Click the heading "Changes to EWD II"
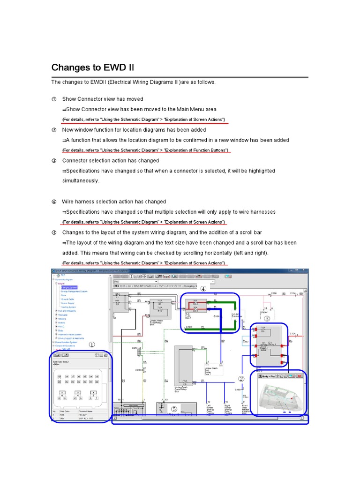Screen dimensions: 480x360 click(x=92, y=67)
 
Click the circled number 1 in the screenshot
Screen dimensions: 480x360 click(x=92, y=344)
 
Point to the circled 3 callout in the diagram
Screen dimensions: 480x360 click(x=266, y=319)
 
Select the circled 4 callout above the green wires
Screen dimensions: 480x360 click(x=203, y=289)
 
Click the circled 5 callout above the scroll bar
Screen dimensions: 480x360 click(x=174, y=409)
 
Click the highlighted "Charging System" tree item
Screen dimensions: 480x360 click(x=69, y=287)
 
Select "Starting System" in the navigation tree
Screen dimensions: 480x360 click(x=69, y=307)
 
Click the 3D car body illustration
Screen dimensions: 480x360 click(x=277, y=397)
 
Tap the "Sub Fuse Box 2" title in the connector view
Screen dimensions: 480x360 click(x=61, y=362)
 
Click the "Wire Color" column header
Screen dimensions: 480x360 click(x=64, y=411)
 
